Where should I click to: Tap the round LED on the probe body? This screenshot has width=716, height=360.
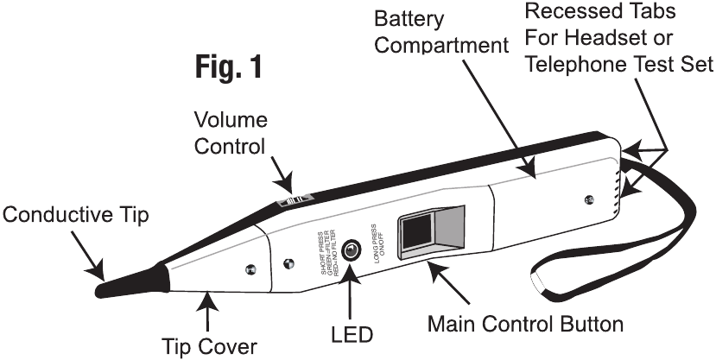pos(352,250)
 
